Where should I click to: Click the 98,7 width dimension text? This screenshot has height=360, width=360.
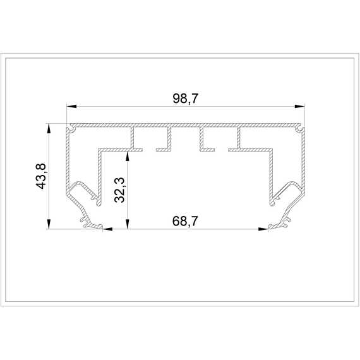(x=185, y=99)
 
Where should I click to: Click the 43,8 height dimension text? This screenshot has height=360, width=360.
(x=41, y=176)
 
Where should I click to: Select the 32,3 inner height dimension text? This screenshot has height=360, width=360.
(x=119, y=190)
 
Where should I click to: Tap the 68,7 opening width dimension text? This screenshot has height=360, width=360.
(x=185, y=221)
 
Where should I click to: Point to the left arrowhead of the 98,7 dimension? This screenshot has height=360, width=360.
(x=71, y=106)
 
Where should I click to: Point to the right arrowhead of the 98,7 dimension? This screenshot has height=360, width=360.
(x=300, y=106)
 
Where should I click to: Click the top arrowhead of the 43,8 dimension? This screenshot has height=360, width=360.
(x=49, y=129)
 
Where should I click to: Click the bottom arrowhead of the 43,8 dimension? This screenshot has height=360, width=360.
(x=49, y=224)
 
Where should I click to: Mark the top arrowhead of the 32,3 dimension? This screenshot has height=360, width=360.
(x=128, y=156)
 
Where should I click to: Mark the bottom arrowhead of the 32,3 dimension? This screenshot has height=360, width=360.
(x=128, y=224)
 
